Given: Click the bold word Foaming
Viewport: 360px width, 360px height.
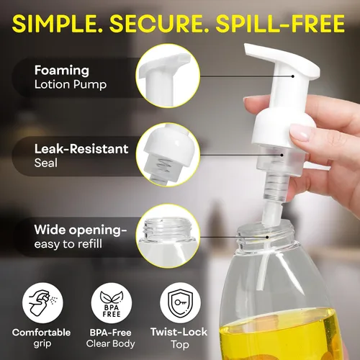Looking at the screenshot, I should (x=62, y=71).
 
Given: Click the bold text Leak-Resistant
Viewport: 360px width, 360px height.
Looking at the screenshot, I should (x=81, y=149).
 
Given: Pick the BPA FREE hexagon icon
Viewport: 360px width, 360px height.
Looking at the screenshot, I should (x=109, y=303).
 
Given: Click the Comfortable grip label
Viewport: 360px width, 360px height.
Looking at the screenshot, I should (x=41, y=338).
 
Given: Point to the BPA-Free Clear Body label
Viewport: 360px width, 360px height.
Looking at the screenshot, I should (x=109, y=338).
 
